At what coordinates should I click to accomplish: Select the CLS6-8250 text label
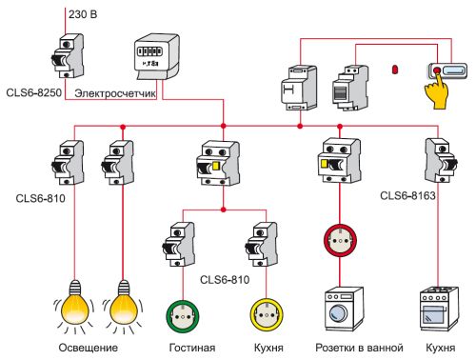36,92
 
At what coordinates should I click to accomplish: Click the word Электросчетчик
115,92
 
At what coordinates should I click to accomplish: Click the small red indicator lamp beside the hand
394,70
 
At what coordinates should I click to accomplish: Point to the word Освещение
92,349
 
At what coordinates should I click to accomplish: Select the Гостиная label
191,349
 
